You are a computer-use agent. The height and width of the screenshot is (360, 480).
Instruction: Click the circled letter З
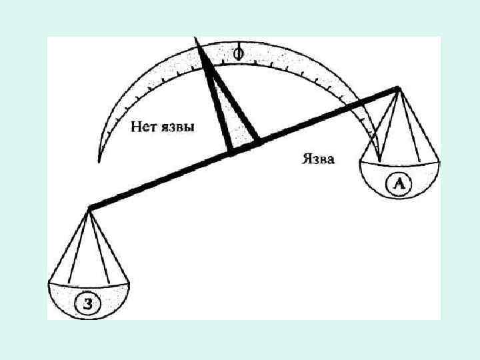(88, 304)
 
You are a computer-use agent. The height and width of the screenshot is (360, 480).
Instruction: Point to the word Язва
(318, 159)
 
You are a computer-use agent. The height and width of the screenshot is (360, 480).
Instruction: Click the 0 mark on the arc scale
(238, 52)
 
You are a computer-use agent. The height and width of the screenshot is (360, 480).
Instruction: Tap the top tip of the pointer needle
(197, 40)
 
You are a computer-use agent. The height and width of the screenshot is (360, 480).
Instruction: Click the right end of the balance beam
(397, 88)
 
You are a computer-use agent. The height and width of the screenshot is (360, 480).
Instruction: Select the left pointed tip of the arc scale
(99, 160)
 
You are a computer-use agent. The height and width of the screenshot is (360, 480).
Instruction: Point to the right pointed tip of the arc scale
(379, 160)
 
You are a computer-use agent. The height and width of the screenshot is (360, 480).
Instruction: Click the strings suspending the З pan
(89, 247)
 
